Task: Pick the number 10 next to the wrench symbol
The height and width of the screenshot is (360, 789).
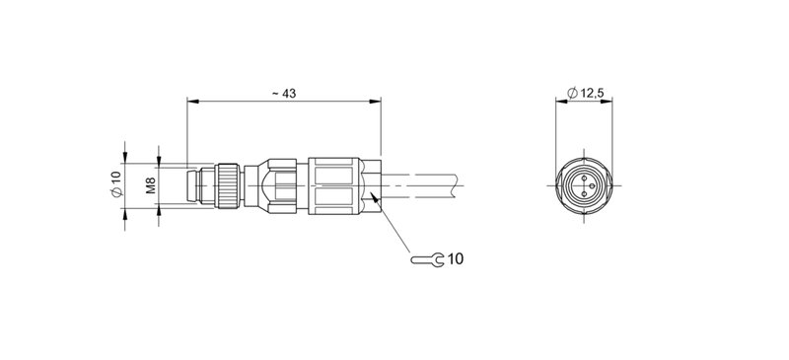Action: click(455, 260)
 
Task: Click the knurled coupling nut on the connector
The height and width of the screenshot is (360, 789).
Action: click(229, 184)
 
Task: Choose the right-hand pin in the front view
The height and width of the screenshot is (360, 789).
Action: click(593, 185)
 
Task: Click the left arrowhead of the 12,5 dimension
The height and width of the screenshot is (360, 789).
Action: click(559, 101)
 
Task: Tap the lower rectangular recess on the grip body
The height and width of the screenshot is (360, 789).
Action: click(341, 197)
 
